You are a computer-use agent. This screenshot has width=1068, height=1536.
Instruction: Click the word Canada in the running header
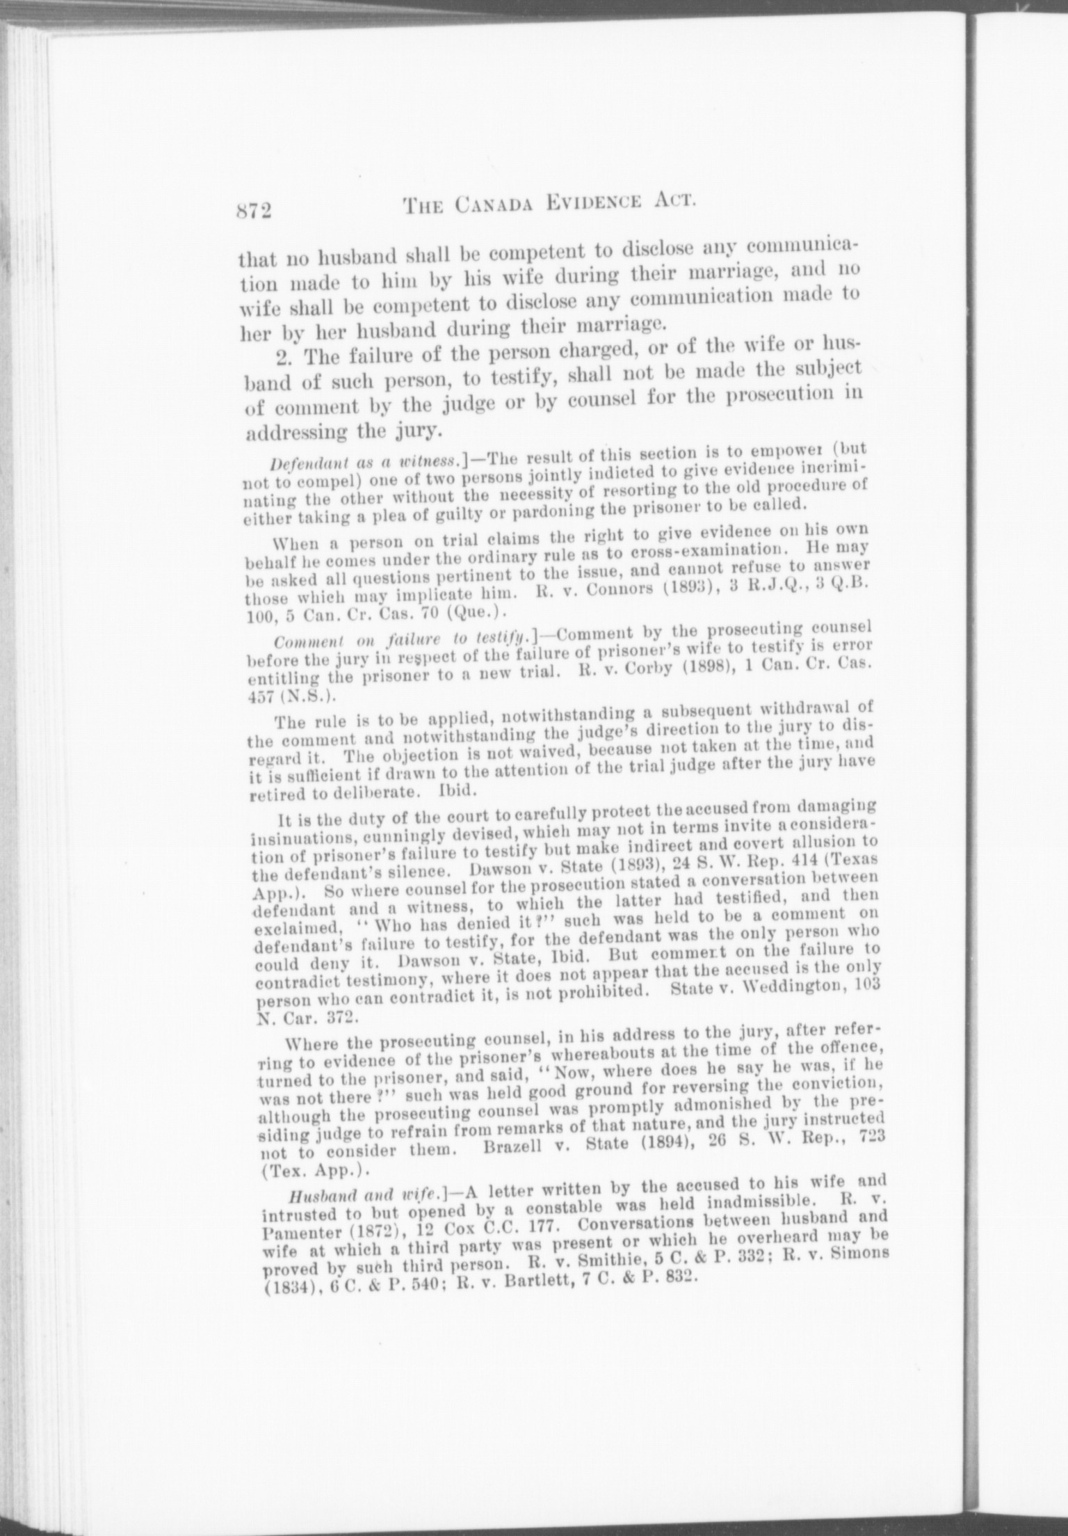click(x=495, y=205)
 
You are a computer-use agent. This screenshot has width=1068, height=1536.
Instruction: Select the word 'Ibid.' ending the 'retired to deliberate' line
click(x=458, y=790)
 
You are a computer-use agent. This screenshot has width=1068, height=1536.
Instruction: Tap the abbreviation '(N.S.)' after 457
click(x=302, y=693)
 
